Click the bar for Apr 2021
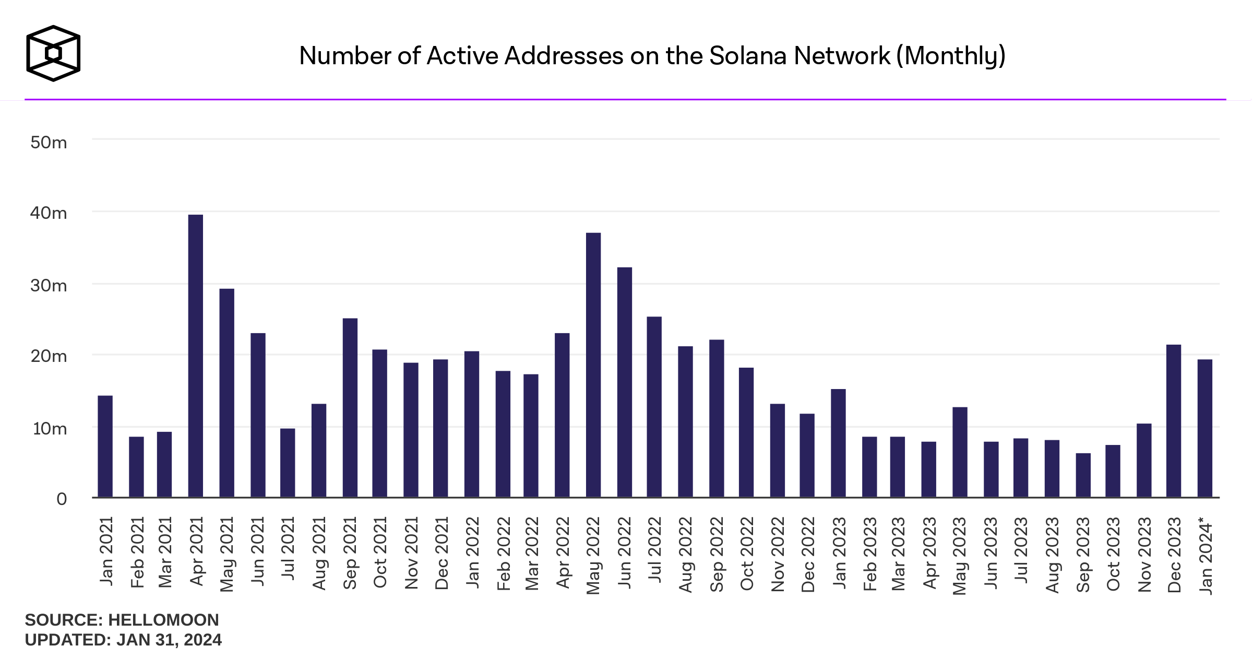click(x=196, y=356)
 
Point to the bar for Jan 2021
click(x=105, y=446)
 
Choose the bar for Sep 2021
click(x=350, y=407)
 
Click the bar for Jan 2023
click(x=838, y=443)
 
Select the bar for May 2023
click(x=960, y=452)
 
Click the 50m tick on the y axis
click(x=49, y=143)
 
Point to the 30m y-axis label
click(x=49, y=286)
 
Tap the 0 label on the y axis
click(x=62, y=499)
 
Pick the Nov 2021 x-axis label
click(x=411, y=553)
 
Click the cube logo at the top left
click(x=53, y=53)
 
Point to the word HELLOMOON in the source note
click(x=163, y=620)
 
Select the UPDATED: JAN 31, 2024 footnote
click(x=123, y=640)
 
